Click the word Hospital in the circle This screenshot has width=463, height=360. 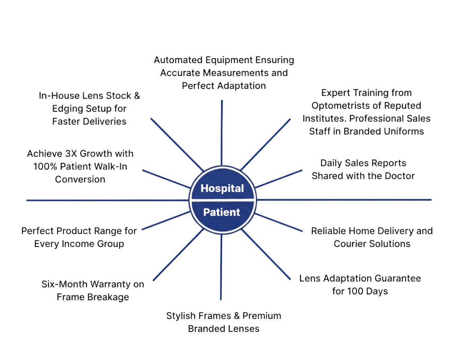pyautogui.click(x=222, y=188)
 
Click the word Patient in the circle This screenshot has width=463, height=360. pyautogui.click(x=221, y=212)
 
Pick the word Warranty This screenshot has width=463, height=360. pyautogui.click(x=107, y=284)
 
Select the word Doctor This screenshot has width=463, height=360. pyautogui.click(x=397, y=176)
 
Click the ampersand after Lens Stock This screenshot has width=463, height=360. pyautogui.click(x=137, y=96)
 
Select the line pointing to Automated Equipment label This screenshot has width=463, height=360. pyautogui.click(x=222, y=133)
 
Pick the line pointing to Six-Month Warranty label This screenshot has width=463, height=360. pyautogui.click(x=177, y=257)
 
